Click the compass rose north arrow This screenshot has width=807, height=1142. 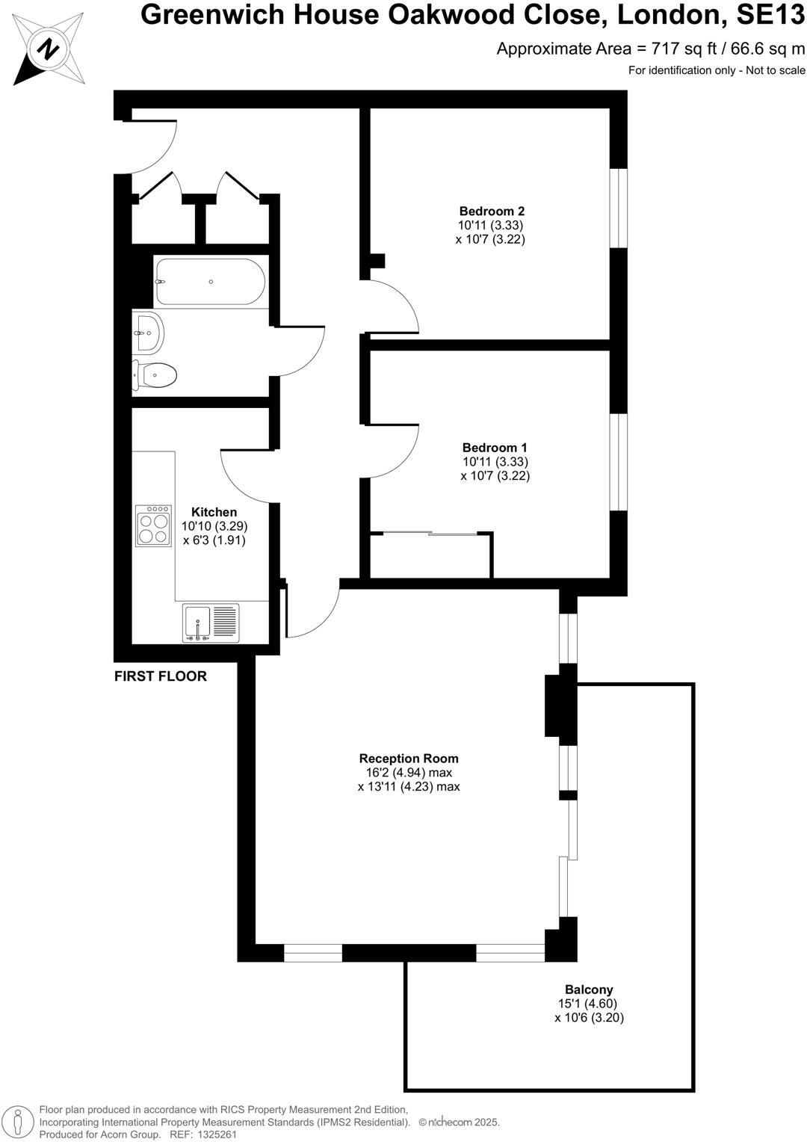click(x=49, y=49)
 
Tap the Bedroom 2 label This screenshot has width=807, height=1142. click(x=491, y=212)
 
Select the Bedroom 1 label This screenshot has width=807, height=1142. click(x=494, y=448)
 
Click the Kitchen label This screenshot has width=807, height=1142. click(x=214, y=512)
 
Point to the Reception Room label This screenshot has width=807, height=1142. click(x=409, y=759)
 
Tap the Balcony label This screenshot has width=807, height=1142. click(x=589, y=990)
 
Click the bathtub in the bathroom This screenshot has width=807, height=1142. click(x=210, y=282)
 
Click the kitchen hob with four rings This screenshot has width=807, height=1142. click(x=153, y=527)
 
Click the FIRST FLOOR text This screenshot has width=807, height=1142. click(x=161, y=676)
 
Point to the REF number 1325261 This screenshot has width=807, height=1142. click(x=214, y=1135)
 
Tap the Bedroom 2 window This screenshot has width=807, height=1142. click(x=619, y=208)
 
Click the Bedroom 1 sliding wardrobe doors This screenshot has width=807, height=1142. click(x=430, y=534)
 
